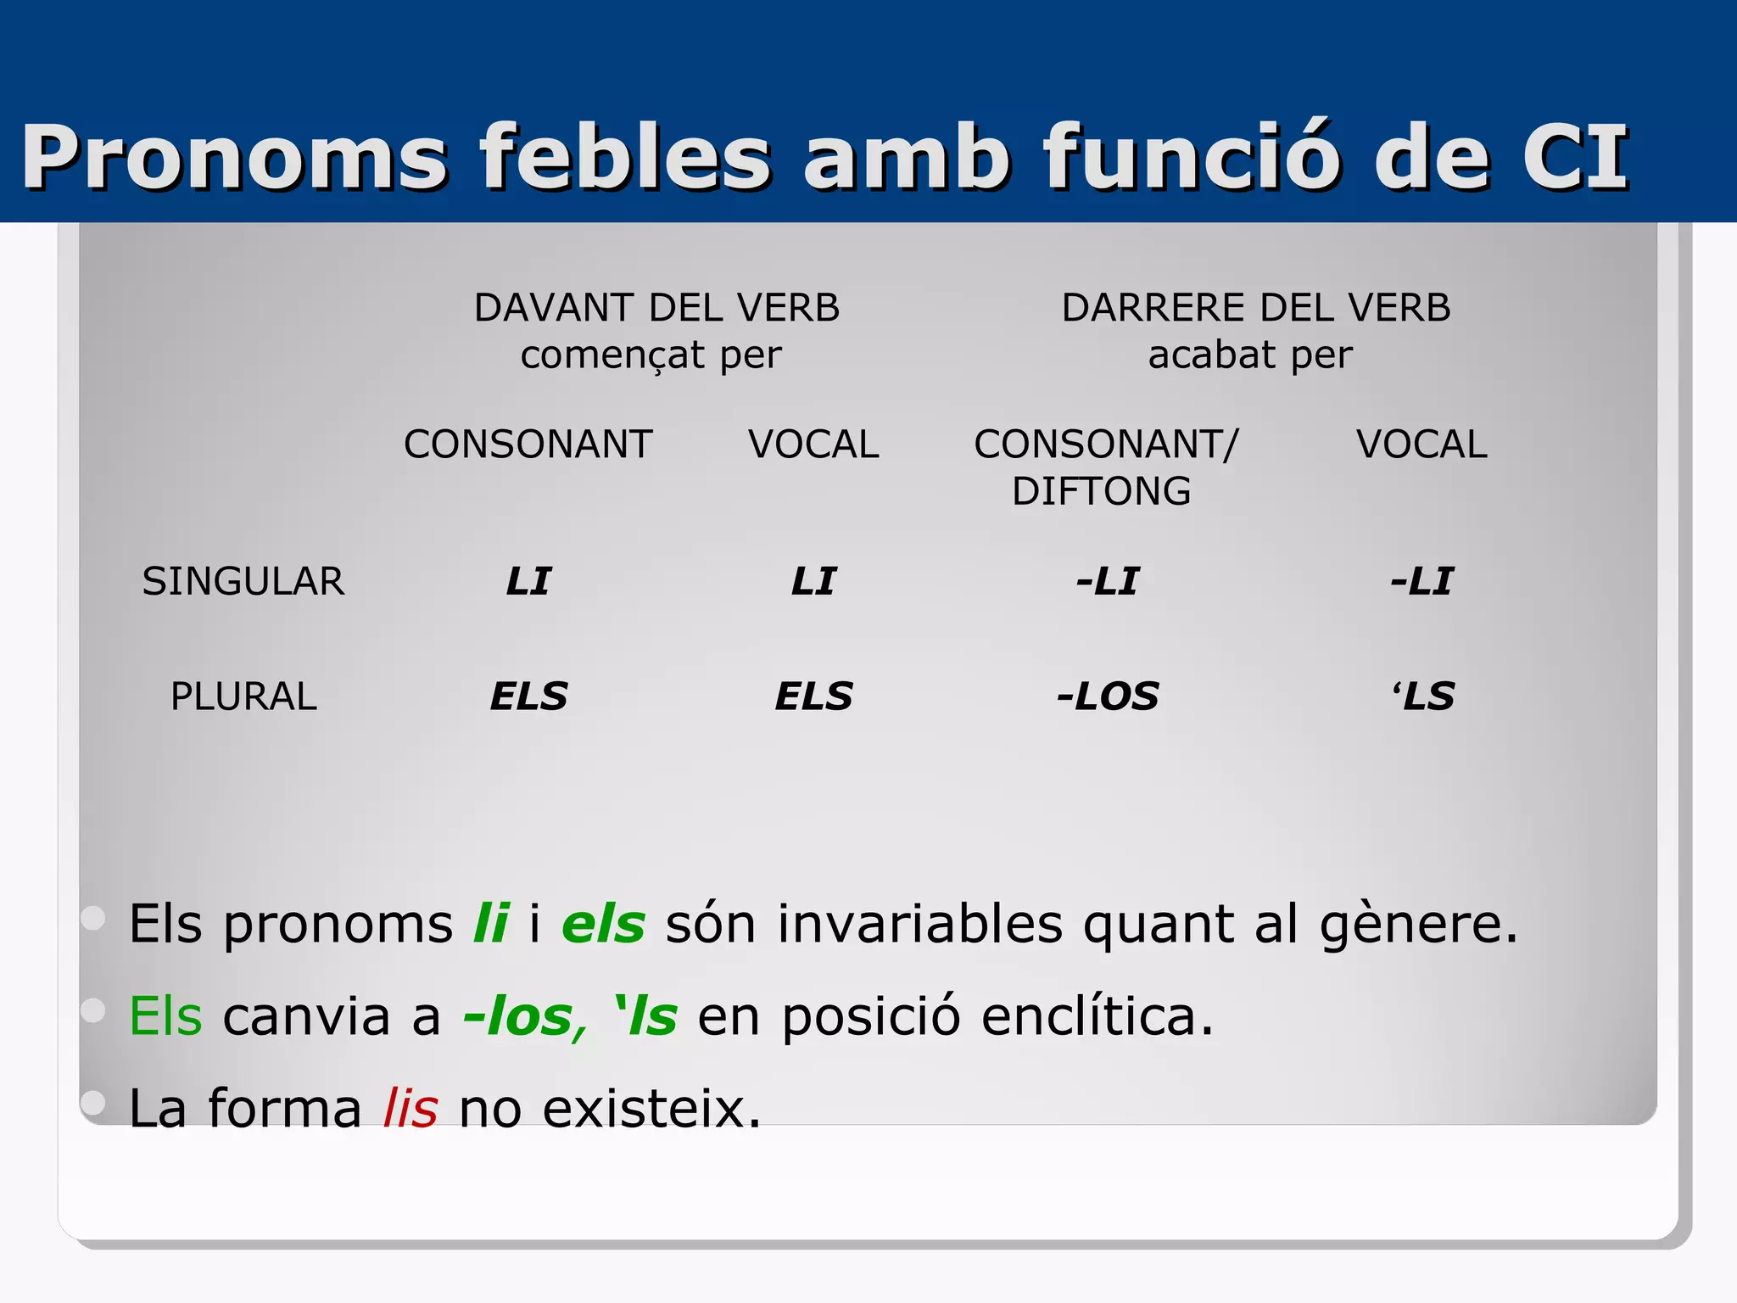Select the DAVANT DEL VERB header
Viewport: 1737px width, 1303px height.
click(x=656, y=308)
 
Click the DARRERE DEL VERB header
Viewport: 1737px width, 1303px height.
click(x=1255, y=308)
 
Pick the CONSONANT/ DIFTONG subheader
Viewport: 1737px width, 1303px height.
click(x=1105, y=467)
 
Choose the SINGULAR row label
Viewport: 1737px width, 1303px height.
click(x=243, y=582)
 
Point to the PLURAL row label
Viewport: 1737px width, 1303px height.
click(x=243, y=696)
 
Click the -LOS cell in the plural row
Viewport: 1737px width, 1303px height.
click(x=1108, y=696)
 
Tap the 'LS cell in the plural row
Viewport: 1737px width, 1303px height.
click(x=1422, y=696)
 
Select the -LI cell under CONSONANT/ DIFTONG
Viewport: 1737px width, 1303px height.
click(x=1108, y=582)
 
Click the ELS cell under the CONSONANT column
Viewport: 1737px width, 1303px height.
click(x=528, y=696)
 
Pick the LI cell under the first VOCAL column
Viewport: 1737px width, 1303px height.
click(x=813, y=582)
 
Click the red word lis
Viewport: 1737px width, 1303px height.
click(x=411, y=1108)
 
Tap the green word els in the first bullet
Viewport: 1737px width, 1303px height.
click(x=603, y=924)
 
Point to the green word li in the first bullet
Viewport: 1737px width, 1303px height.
click(x=491, y=924)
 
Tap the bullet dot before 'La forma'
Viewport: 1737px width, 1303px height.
click(x=92, y=1102)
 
